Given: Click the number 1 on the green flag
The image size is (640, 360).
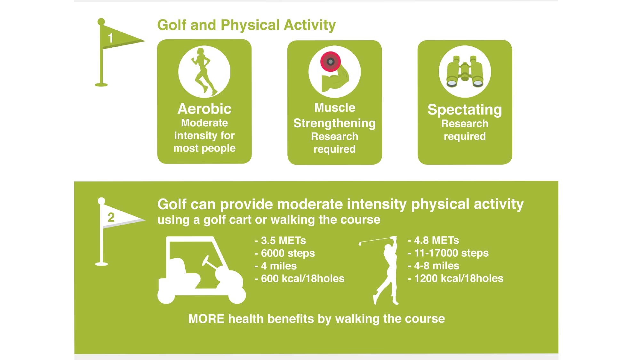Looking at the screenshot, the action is click(x=110, y=38).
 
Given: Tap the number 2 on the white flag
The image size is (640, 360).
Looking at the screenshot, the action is click(x=111, y=217).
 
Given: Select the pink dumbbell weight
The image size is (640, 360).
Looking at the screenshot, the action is click(x=331, y=61).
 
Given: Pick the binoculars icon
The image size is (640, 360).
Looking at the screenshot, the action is click(x=465, y=71).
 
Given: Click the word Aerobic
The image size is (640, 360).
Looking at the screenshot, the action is click(x=204, y=109).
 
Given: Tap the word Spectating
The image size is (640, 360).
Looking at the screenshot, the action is click(x=465, y=110).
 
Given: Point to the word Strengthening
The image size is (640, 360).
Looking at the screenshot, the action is click(x=334, y=124).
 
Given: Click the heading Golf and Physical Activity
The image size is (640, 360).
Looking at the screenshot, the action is click(x=246, y=25).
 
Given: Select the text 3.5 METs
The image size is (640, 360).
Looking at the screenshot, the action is click(x=283, y=240).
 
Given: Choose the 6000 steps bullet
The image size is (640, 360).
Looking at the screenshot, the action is click(x=285, y=253).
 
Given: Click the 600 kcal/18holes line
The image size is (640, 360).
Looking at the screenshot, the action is click(x=300, y=278).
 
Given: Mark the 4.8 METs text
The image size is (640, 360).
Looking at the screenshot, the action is click(x=436, y=240).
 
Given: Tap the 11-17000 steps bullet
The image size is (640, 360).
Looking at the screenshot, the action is click(x=448, y=253).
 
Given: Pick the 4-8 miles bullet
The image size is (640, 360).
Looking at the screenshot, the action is click(x=434, y=266).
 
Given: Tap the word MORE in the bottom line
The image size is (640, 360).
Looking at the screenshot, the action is click(x=206, y=319).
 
